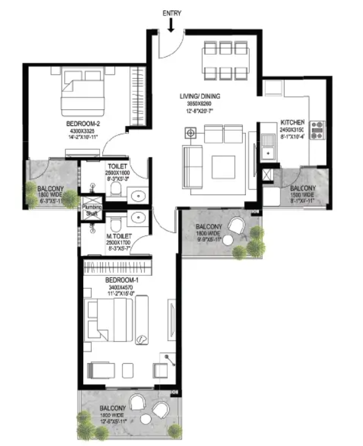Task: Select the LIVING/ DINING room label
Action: (x=200, y=96)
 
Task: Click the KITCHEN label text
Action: (x=293, y=122)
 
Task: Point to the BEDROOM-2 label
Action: (x=83, y=123)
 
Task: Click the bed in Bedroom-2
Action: (x=80, y=91)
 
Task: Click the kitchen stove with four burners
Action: (x=317, y=130)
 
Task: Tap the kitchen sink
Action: (x=269, y=147)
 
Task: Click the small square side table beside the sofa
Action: (x=191, y=133)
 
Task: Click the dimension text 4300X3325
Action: (x=83, y=131)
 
